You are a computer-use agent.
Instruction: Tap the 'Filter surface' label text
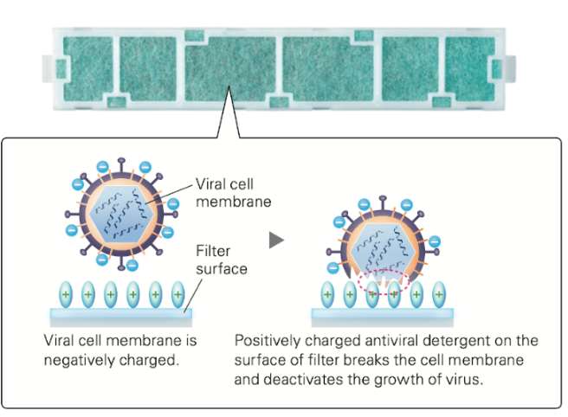[223, 260]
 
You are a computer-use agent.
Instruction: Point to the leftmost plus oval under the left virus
[65, 294]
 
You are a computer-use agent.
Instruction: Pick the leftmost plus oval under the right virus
[327, 294]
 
